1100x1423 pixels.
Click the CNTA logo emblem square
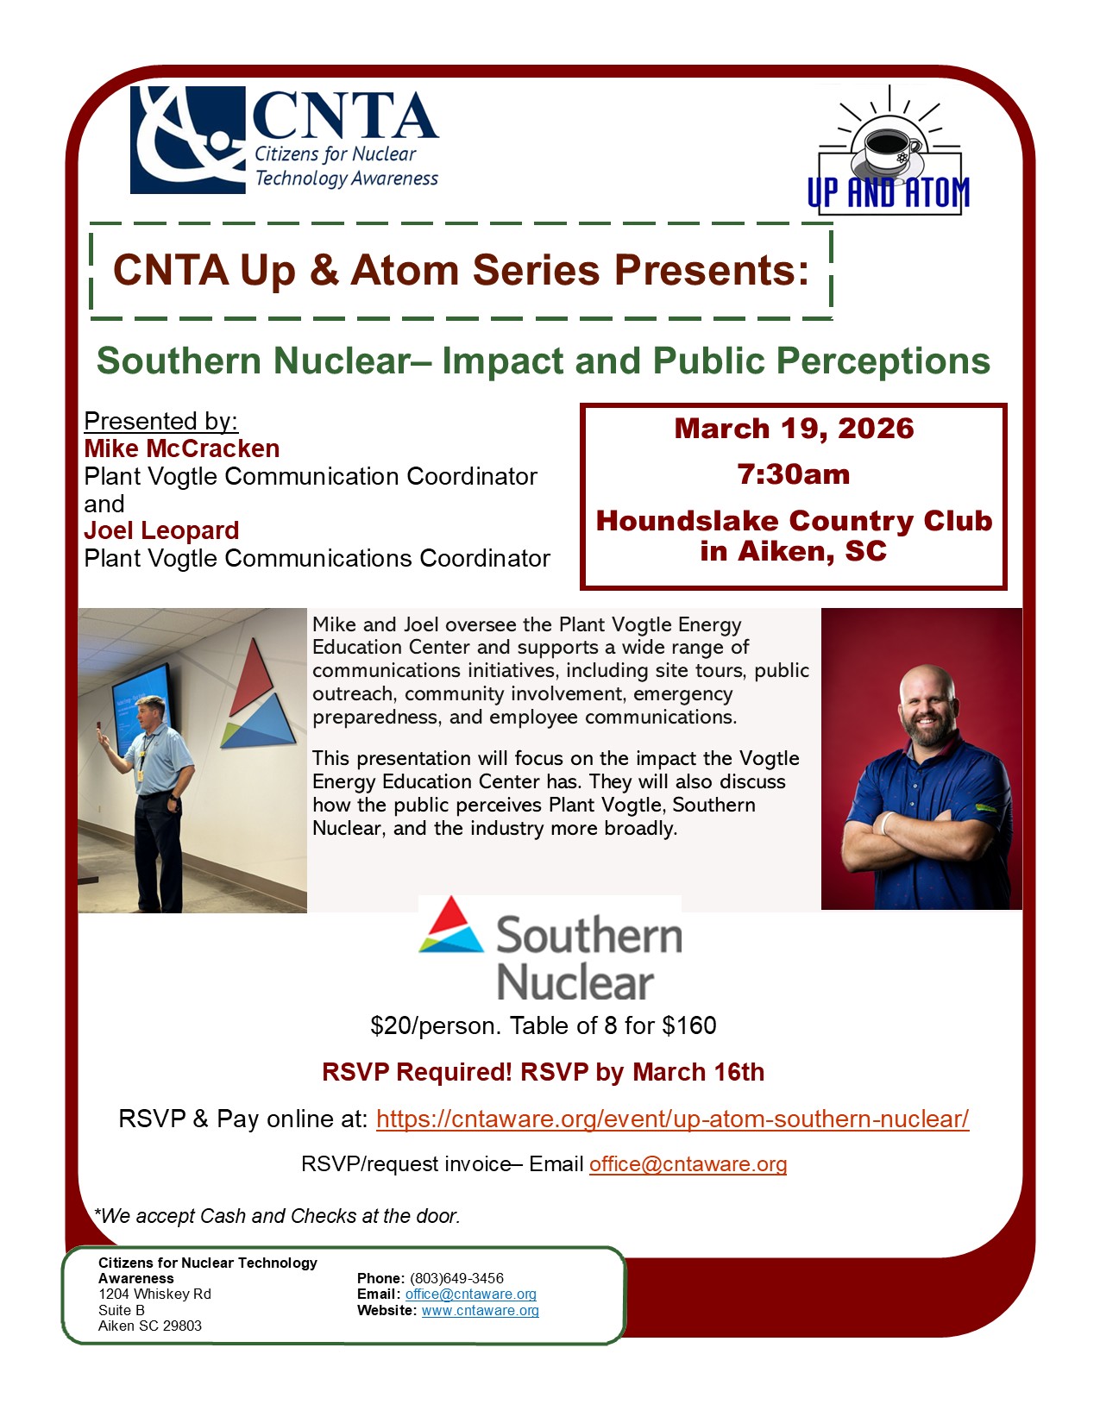(x=187, y=140)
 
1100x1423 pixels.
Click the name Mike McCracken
(x=182, y=448)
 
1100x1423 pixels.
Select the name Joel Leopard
(x=161, y=530)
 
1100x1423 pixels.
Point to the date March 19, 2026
(x=794, y=429)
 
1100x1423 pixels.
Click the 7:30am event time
(x=794, y=474)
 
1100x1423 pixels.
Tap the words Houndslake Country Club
(x=794, y=521)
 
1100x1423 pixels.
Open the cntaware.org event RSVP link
(x=672, y=1119)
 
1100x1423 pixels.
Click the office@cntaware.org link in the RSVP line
(x=688, y=1164)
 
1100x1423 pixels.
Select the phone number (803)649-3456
(x=456, y=1278)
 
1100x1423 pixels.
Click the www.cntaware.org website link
(x=480, y=1310)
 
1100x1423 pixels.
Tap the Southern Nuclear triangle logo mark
(x=451, y=925)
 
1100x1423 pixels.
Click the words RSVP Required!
(x=417, y=1072)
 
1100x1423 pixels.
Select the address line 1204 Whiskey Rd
(x=154, y=1294)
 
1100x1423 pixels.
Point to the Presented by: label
(x=160, y=421)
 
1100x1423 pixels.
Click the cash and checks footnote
(x=277, y=1216)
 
